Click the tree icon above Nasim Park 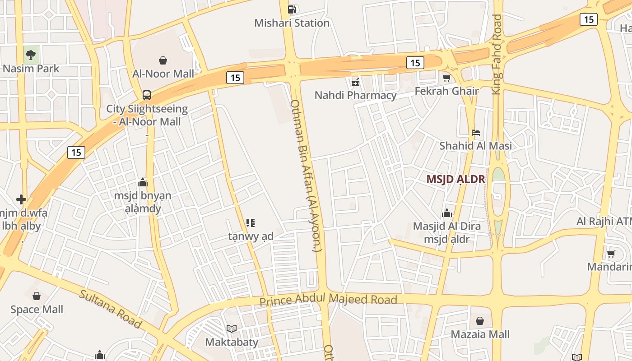(31, 55)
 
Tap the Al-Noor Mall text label (163, 74)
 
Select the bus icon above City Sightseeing (147, 95)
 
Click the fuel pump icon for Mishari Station (292, 9)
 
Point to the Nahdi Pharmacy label (355, 95)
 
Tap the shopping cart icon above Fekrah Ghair (446, 78)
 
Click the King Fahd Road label (497, 54)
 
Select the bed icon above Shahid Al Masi (475, 133)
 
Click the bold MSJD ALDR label (455, 179)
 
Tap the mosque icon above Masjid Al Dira (446, 213)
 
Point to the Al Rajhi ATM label (604, 222)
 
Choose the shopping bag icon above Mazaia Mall (480, 321)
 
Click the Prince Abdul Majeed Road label (328, 299)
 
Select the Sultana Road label (111, 309)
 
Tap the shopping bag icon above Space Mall (37, 296)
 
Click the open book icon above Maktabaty (232, 329)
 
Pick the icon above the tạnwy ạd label (251, 222)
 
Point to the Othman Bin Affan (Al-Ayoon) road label (306, 176)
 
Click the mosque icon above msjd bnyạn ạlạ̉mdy (143, 182)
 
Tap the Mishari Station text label (292, 23)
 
